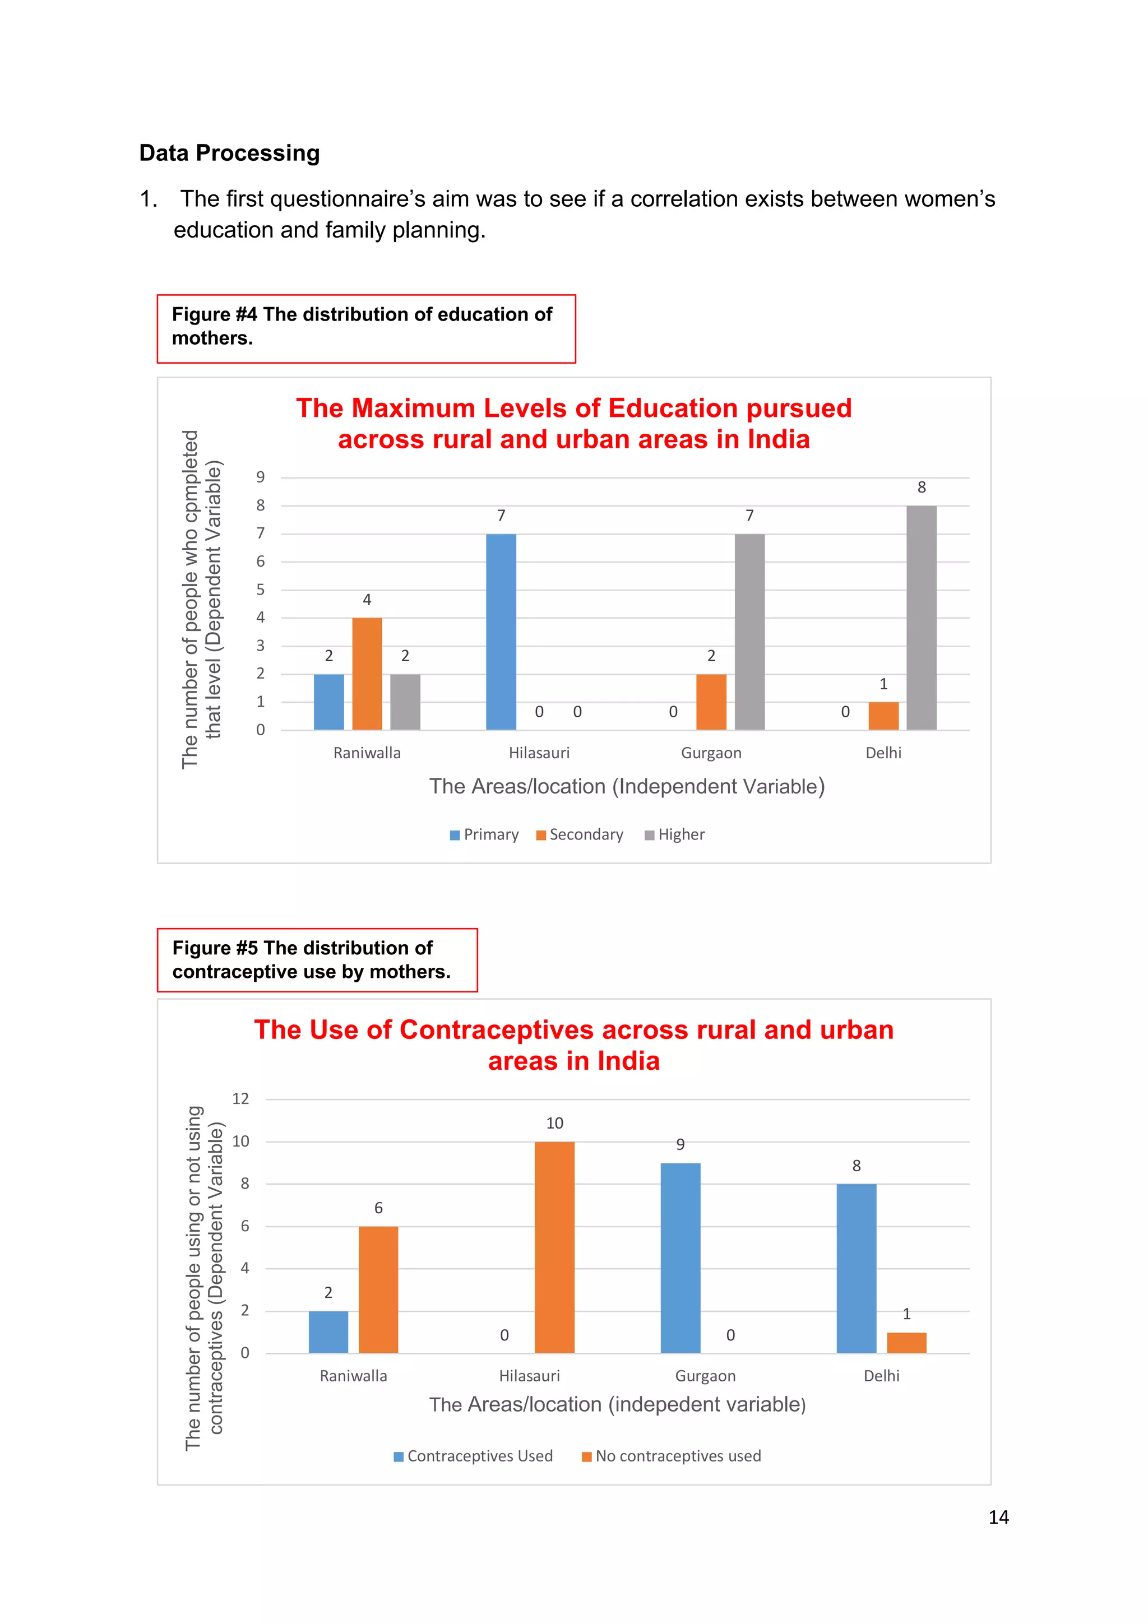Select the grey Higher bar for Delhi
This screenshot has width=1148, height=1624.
tap(921, 617)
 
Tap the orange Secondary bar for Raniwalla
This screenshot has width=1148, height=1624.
tap(367, 674)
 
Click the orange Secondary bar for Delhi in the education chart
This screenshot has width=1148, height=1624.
tap(883, 715)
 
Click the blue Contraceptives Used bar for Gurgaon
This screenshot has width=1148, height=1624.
tap(680, 1258)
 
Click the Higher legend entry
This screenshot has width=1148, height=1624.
tap(675, 834)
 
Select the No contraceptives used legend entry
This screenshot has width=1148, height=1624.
tap(672, 1456)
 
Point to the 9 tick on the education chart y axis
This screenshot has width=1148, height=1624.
tap(260, 477)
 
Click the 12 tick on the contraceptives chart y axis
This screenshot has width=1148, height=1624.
tap(240, 1098)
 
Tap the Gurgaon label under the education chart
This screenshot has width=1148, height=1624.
tap(711, 753)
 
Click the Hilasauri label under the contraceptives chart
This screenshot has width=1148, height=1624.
tap(529, 1376)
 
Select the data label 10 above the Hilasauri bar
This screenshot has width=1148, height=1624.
tap(554, 1123)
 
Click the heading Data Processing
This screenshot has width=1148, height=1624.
tap(229, 153)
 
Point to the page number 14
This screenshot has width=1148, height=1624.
tap(998, 1517)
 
